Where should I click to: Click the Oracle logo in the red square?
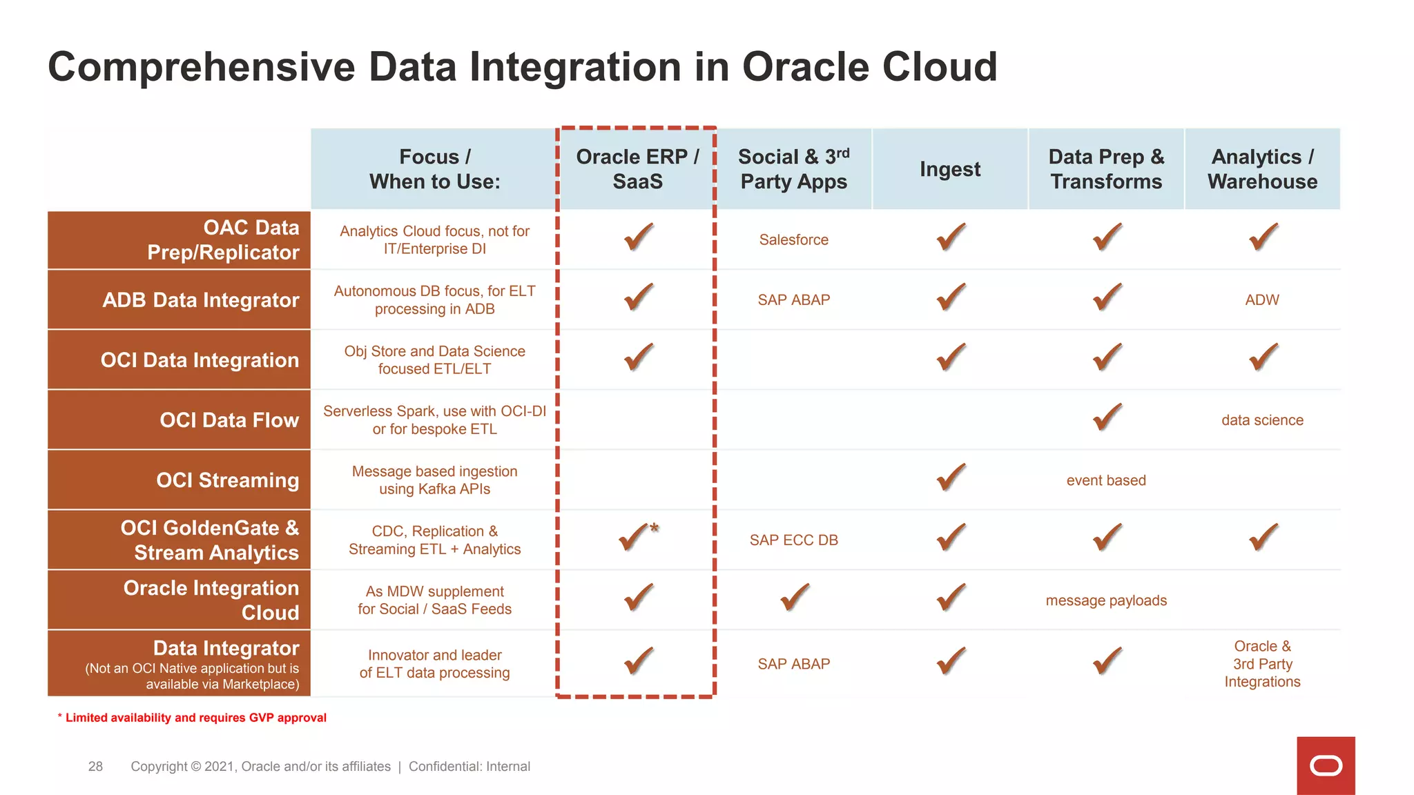coord(1326,766)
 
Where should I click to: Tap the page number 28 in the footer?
coord(95,766)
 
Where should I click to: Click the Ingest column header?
coord(950,169)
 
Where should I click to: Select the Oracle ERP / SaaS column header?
coord(637,169)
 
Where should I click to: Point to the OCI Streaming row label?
coord(227,480)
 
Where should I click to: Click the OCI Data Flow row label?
coord(229,420)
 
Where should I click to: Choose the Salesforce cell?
coord(793,240)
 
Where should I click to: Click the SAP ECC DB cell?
coord(793,540)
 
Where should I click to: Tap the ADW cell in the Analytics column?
coord(1262,300)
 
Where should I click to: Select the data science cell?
coord(1262,420)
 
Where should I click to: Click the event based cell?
coord(1105,480)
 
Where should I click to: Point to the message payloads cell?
coord(1105,600)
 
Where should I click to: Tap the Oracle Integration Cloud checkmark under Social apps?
coord(794,598)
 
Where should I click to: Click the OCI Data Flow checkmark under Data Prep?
coord(1107,418)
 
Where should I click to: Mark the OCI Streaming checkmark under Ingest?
coord(951,478)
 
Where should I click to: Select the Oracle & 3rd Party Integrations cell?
coord(1262,664)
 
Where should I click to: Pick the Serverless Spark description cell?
coord(434,420)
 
